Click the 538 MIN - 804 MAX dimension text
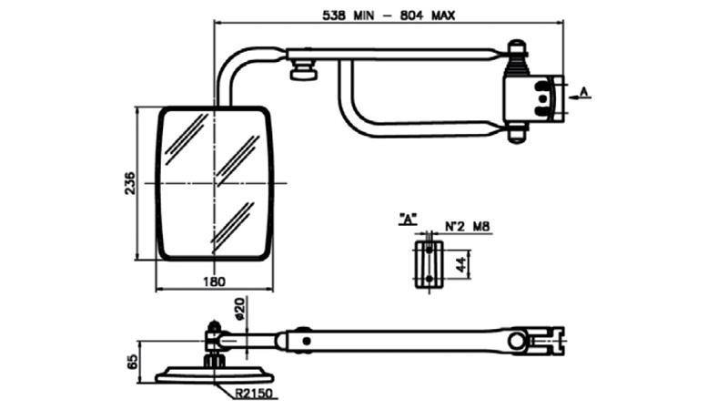389,15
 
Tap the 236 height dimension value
130,182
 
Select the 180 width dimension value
214,282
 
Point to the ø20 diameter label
239,310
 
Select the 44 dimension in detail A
460,265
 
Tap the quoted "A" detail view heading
408,219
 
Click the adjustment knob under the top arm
303,71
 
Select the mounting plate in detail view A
426,264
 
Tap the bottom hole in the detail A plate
427,279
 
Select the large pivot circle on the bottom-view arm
519,342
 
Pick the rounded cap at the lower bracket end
518,136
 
